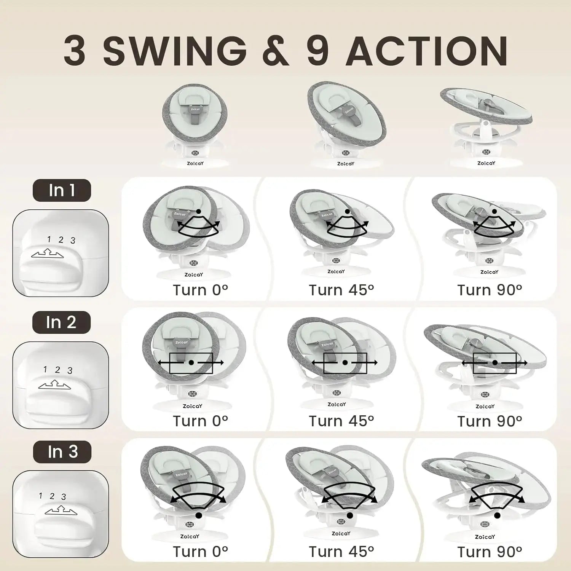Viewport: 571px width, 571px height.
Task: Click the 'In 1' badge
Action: point(62,190)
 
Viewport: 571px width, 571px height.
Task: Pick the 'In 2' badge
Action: point(61,322)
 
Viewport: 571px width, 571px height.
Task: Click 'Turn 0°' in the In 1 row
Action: point(200,290)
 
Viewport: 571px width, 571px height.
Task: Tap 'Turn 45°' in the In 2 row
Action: point(341,421)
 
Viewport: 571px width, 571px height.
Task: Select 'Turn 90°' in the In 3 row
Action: point(490,552)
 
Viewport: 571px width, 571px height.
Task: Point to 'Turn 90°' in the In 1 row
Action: point(490,290)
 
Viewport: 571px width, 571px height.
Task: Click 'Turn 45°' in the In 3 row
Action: point(341,552)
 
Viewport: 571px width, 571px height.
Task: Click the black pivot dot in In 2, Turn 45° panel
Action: point(345,363)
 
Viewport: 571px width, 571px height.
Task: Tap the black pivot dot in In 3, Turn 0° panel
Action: point(199,515)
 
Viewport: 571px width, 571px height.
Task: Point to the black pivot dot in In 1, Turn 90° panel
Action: point(494,211)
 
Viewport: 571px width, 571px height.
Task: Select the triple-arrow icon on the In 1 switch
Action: point(48,253)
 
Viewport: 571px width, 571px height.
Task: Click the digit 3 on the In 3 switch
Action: point(64,497)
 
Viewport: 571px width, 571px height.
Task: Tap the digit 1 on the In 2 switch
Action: point(45,369)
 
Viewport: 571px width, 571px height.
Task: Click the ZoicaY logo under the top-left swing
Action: point(195,163)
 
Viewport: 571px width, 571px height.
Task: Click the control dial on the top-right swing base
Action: point(486,152)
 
